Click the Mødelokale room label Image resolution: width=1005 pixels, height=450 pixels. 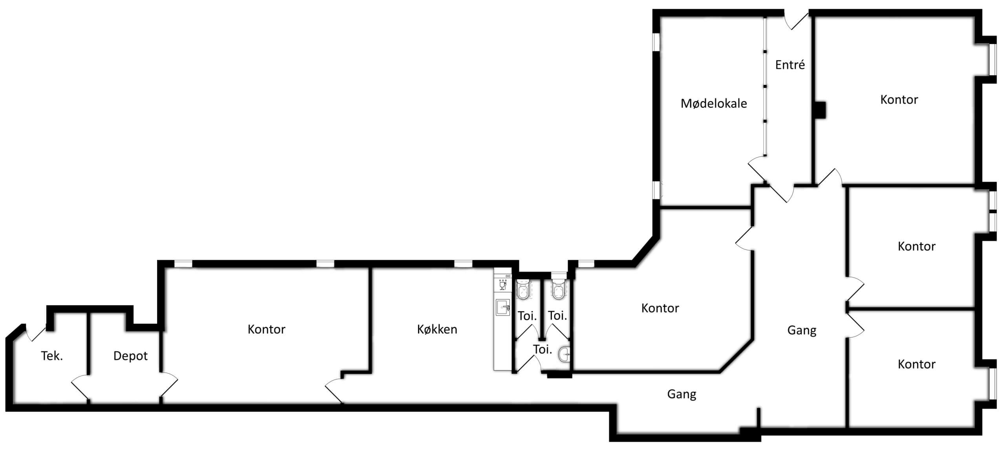point(714,104)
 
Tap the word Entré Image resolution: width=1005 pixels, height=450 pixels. point(790,65)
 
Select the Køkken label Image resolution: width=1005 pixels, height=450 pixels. point(437,329)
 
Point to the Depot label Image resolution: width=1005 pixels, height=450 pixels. point(130,356)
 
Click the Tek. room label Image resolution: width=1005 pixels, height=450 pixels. point(52,356)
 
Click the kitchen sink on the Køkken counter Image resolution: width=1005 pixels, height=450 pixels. point(502,307)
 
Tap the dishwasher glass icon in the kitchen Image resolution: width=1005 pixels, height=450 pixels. point(502,284)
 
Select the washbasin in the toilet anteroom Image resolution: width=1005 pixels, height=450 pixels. point(564,354)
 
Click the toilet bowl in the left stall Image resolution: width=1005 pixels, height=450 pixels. point(523,291)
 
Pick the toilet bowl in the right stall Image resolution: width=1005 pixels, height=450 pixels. point(558,290)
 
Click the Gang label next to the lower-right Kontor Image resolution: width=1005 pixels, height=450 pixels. point(802,331)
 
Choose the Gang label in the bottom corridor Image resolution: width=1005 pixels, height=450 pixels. point(682,394)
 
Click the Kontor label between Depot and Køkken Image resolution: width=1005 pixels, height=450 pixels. point(266,329)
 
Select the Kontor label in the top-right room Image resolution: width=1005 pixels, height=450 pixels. point(899,100)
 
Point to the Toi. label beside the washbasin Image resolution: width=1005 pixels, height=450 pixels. point(543,349)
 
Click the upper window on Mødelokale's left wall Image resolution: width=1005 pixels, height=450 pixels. point(656,42)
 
